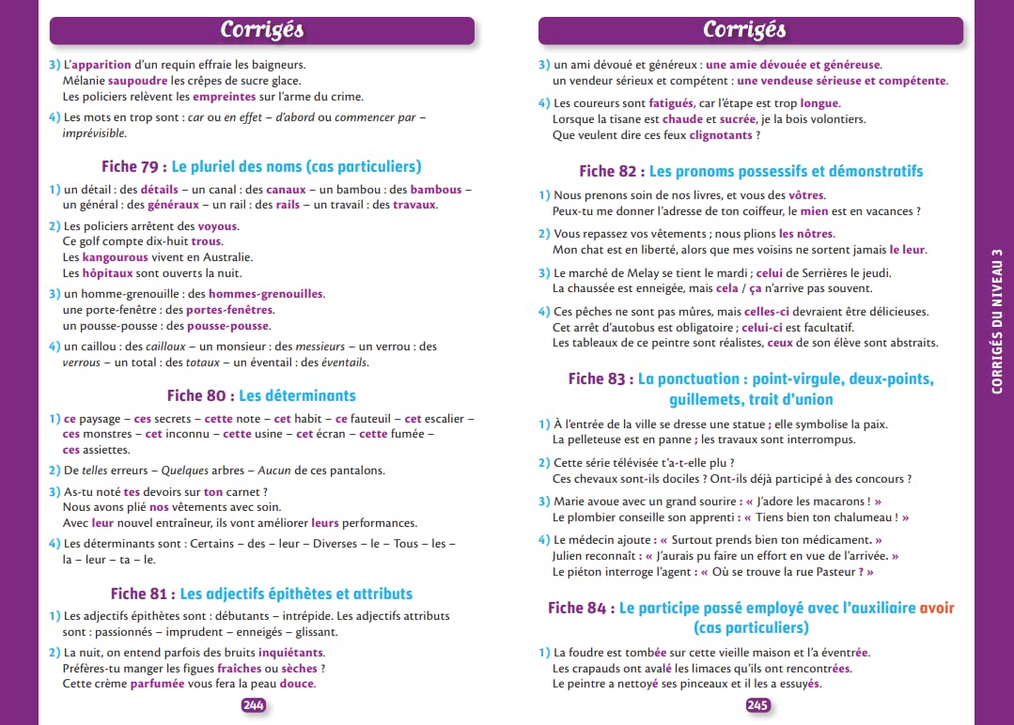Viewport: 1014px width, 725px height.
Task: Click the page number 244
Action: (254, 705)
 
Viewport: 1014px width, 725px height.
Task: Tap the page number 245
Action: (758, 705)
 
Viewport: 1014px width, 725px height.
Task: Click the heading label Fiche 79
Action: (133, 166)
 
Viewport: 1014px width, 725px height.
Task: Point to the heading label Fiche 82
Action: (611, 171)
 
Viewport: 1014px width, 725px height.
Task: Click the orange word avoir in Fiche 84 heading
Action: (937, 608)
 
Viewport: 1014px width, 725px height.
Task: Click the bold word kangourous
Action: (116, 257)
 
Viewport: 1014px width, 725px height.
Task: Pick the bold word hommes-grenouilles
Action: (266, 294)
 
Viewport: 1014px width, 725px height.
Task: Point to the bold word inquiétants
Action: (291, 652)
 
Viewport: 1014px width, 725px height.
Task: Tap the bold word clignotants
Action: (721, 135)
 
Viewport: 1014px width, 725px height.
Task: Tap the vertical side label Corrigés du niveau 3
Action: (996, 319)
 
